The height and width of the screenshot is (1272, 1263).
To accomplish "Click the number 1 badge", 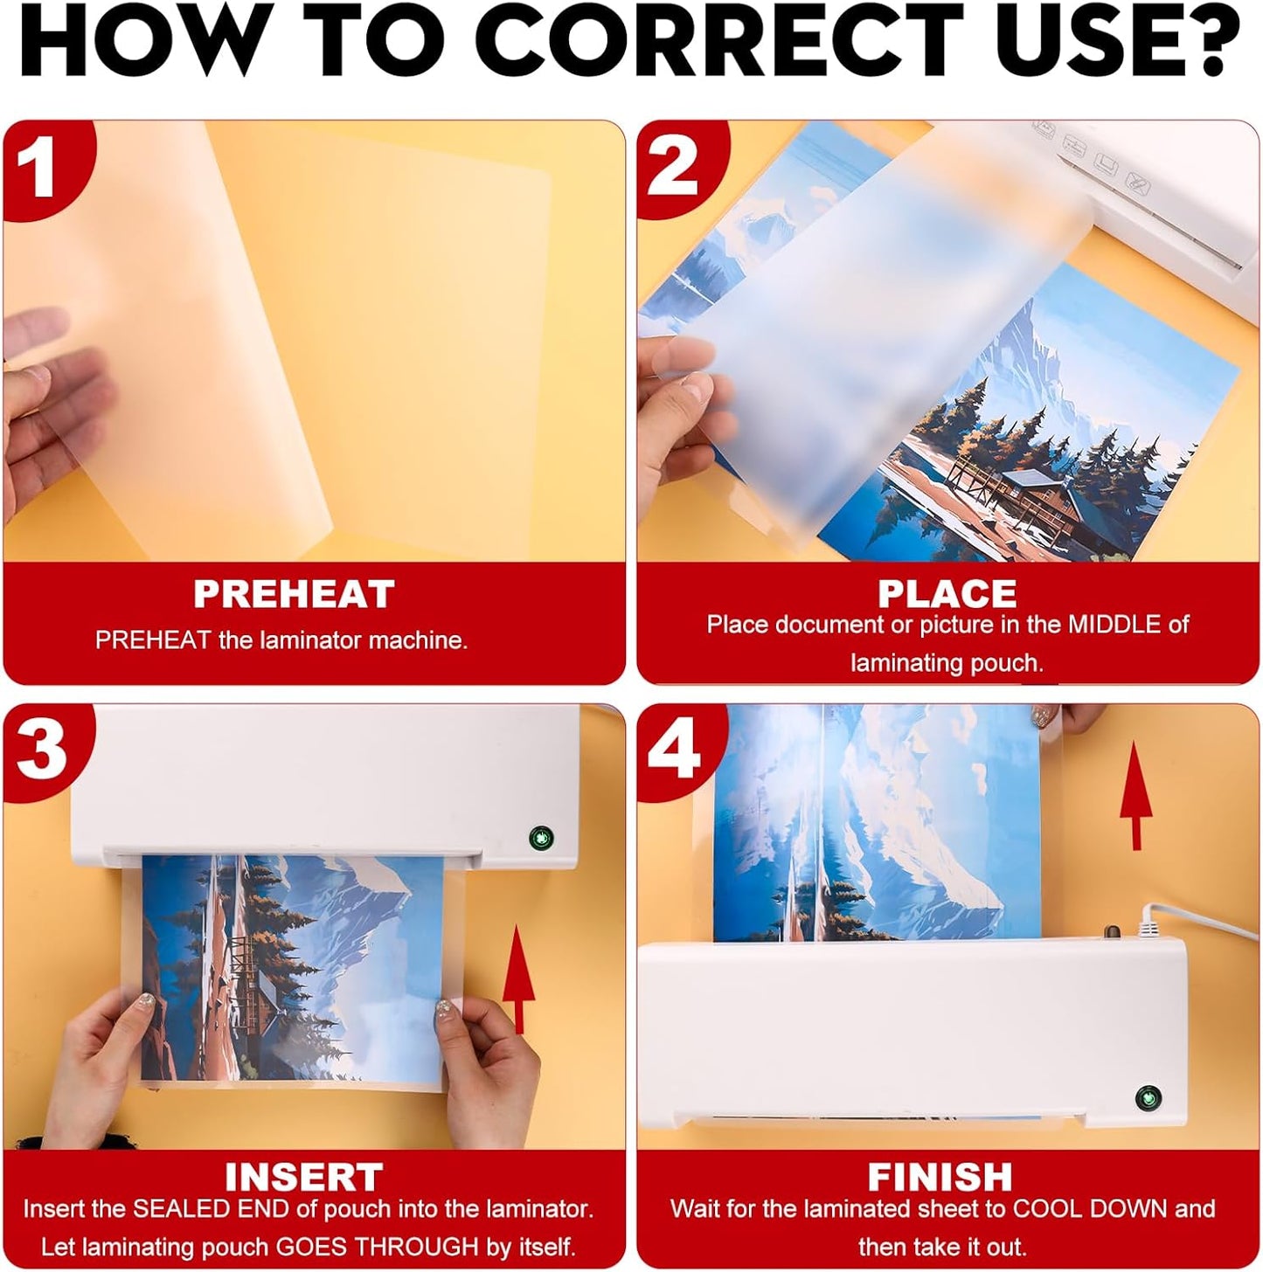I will (39, 166).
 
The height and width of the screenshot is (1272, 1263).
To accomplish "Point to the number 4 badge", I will (673, 749).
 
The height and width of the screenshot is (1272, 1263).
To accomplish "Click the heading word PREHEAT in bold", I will (294, 594).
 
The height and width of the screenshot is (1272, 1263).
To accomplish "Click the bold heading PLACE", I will (947, 594).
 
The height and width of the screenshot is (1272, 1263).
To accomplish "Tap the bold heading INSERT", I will (303, 1177).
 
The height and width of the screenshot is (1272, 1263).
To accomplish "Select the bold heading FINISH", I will (940, 1177).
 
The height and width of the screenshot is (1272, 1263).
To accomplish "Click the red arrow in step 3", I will (518, 978).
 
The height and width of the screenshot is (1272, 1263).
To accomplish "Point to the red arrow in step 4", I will (1136, 795).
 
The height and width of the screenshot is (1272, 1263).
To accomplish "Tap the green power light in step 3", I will (541, 840).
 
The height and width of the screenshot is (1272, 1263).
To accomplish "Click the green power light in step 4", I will (1148, 1098).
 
